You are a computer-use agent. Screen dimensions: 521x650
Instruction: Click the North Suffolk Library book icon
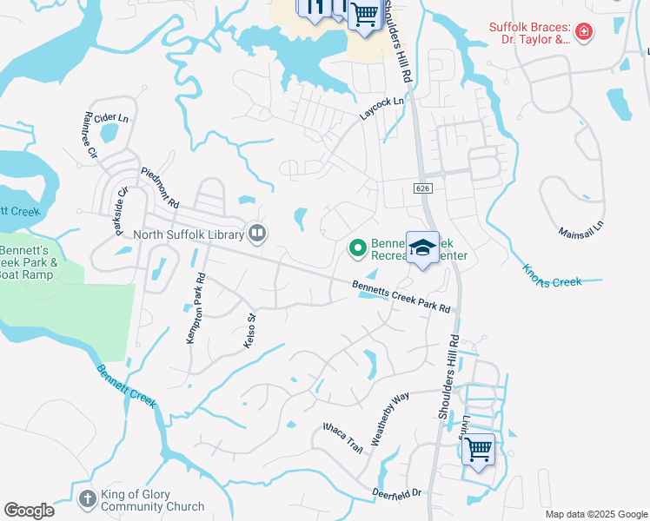pos(256,233)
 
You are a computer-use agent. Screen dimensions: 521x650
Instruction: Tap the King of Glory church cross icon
pos(87,498)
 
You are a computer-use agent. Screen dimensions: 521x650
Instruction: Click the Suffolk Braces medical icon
pos(584,34)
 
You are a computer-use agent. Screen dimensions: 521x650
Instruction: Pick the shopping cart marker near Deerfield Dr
pos(478,450)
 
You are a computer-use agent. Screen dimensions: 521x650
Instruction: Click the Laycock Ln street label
pos(382,109)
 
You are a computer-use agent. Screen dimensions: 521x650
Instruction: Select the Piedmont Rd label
pos(159,187)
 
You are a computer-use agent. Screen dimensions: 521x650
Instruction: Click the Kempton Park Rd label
pos(195,309)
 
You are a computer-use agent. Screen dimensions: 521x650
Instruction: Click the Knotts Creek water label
pos(552,275)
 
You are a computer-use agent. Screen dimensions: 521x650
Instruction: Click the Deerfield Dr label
pos(398,492)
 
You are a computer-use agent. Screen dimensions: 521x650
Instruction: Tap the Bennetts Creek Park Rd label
pos(401,297)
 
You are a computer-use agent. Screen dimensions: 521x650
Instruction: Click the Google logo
pos(29,511)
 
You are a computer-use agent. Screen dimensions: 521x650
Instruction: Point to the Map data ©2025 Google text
pos(595,514)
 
